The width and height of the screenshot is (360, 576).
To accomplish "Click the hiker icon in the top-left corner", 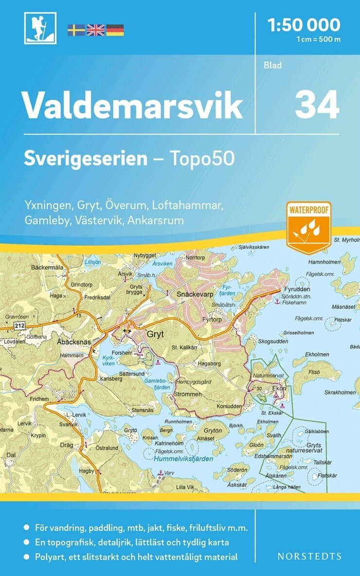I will pyautogui.click(x=40, y=28).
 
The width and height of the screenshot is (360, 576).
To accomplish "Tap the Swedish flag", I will pyautogui.click(x=75, y=30).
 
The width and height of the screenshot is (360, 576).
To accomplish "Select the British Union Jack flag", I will pyautogui.click(x=95, y=30).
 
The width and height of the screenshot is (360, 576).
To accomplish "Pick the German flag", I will pyautogui.click(x=115, y=30).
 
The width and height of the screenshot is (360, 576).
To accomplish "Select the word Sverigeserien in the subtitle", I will pyautogui.click(x=86, y=159).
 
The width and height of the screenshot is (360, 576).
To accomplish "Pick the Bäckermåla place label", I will pyautogui.click(x=47, y=267).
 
